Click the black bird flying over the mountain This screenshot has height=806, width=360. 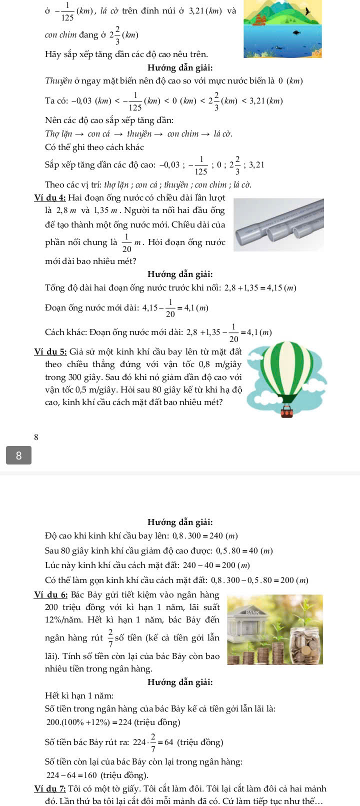click(x=301, y=10)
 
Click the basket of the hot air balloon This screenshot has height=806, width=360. click(x=287, y=411)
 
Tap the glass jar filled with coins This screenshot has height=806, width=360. click(x=304, y=645)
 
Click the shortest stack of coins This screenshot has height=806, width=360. click(x=234, y=658)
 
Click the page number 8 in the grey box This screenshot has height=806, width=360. click(x=19, y=455)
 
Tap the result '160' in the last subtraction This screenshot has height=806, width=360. click(x=90, y=775)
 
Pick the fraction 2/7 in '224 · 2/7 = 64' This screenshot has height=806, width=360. click(x=153, y=742)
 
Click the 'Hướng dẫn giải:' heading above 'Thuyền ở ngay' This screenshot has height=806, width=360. click(x=180, y=67)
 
